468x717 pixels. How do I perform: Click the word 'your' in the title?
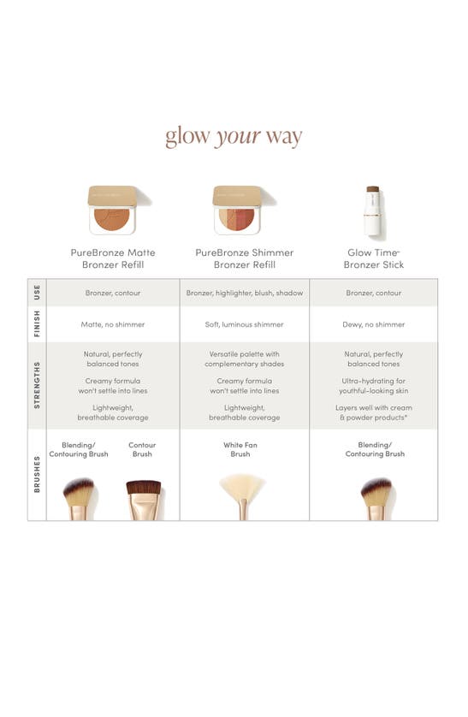tap(237, 137)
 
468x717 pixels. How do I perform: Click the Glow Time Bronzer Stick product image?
tap(373, 210)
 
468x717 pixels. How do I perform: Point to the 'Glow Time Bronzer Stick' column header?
tap(374, 258)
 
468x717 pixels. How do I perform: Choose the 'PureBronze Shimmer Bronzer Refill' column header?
tap(245, 258)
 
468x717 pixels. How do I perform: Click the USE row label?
tap(37, 293)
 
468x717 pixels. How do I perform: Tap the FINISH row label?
tap(37, 324)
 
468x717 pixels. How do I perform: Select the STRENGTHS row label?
tap(37, 385)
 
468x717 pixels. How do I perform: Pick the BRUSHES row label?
tap(37, 474)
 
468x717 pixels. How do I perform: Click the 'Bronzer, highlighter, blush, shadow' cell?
tap(245, 293)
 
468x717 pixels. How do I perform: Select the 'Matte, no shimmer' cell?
tap(114, 324)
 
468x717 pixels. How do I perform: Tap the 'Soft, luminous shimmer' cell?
tap(245, 324)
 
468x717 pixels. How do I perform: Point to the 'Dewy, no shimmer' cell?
tap(375, 324)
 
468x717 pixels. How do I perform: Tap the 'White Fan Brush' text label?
tap(240, 449)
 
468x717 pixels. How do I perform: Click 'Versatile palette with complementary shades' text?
tap(245, 358)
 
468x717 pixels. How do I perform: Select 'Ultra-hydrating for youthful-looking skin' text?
tap(375, 385)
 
